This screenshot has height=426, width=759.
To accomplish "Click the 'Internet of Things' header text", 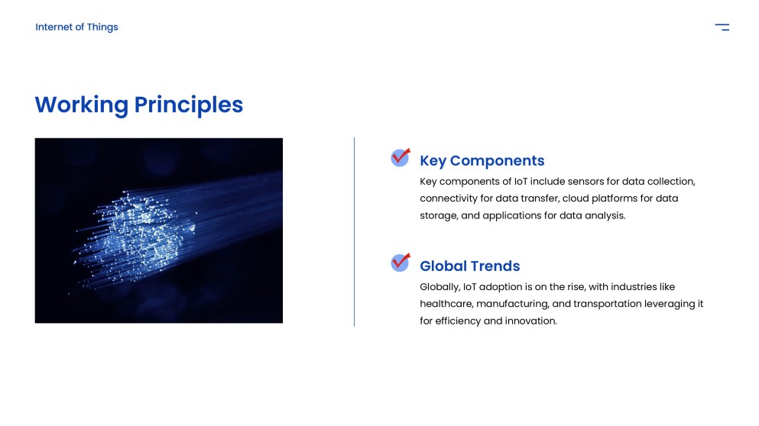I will pyautogui.click(x=76, y=27).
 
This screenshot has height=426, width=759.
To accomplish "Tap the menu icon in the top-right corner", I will pyautogui.click(x=722, y=27).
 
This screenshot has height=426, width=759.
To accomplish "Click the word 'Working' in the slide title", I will pyautogui.click(x=81, y=105).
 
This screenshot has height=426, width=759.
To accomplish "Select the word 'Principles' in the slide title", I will pyautogui.click(x=189, y=105).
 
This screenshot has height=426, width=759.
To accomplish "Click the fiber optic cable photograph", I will pyautogui.click(x=158, y=230).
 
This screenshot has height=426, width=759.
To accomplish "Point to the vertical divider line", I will pyautogui.click(x=354, y=231).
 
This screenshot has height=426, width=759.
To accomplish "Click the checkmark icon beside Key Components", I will pyautogui.click(x=401, y=157).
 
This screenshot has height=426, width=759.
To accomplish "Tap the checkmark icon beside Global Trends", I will pyautogui.click(x=401, y=262).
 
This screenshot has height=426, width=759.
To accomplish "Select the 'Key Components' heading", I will pyautogui.click(x=482, y=160).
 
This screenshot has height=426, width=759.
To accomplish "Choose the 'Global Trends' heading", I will pyautogui.click(x=469, y=266).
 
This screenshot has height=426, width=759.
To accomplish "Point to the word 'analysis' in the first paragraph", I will pyautogui.click(x=605, y=215).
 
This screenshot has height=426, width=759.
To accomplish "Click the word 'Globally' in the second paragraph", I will pyautogui.click(x=440, y=287).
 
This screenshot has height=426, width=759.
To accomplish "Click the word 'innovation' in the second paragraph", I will pyautogui.click(x=530, y=321).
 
